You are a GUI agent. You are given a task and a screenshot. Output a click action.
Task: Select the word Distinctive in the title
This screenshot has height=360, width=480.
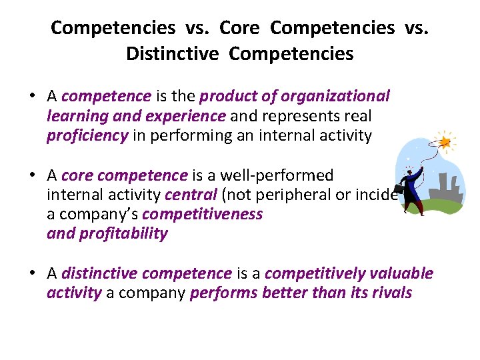point(172,53)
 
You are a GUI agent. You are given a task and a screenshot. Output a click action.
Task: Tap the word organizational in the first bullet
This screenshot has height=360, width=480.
point(335,96)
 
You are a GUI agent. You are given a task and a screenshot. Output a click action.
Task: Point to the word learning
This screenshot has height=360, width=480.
point(77,116)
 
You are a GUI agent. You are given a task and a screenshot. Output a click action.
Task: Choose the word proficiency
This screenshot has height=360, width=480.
point(87,136)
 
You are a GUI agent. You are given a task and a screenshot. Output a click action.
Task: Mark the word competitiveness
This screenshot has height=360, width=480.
point(203,215)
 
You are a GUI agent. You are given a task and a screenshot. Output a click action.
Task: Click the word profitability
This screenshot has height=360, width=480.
point(123,234)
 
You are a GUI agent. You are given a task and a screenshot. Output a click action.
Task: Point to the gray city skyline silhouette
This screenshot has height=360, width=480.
point(444,190)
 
